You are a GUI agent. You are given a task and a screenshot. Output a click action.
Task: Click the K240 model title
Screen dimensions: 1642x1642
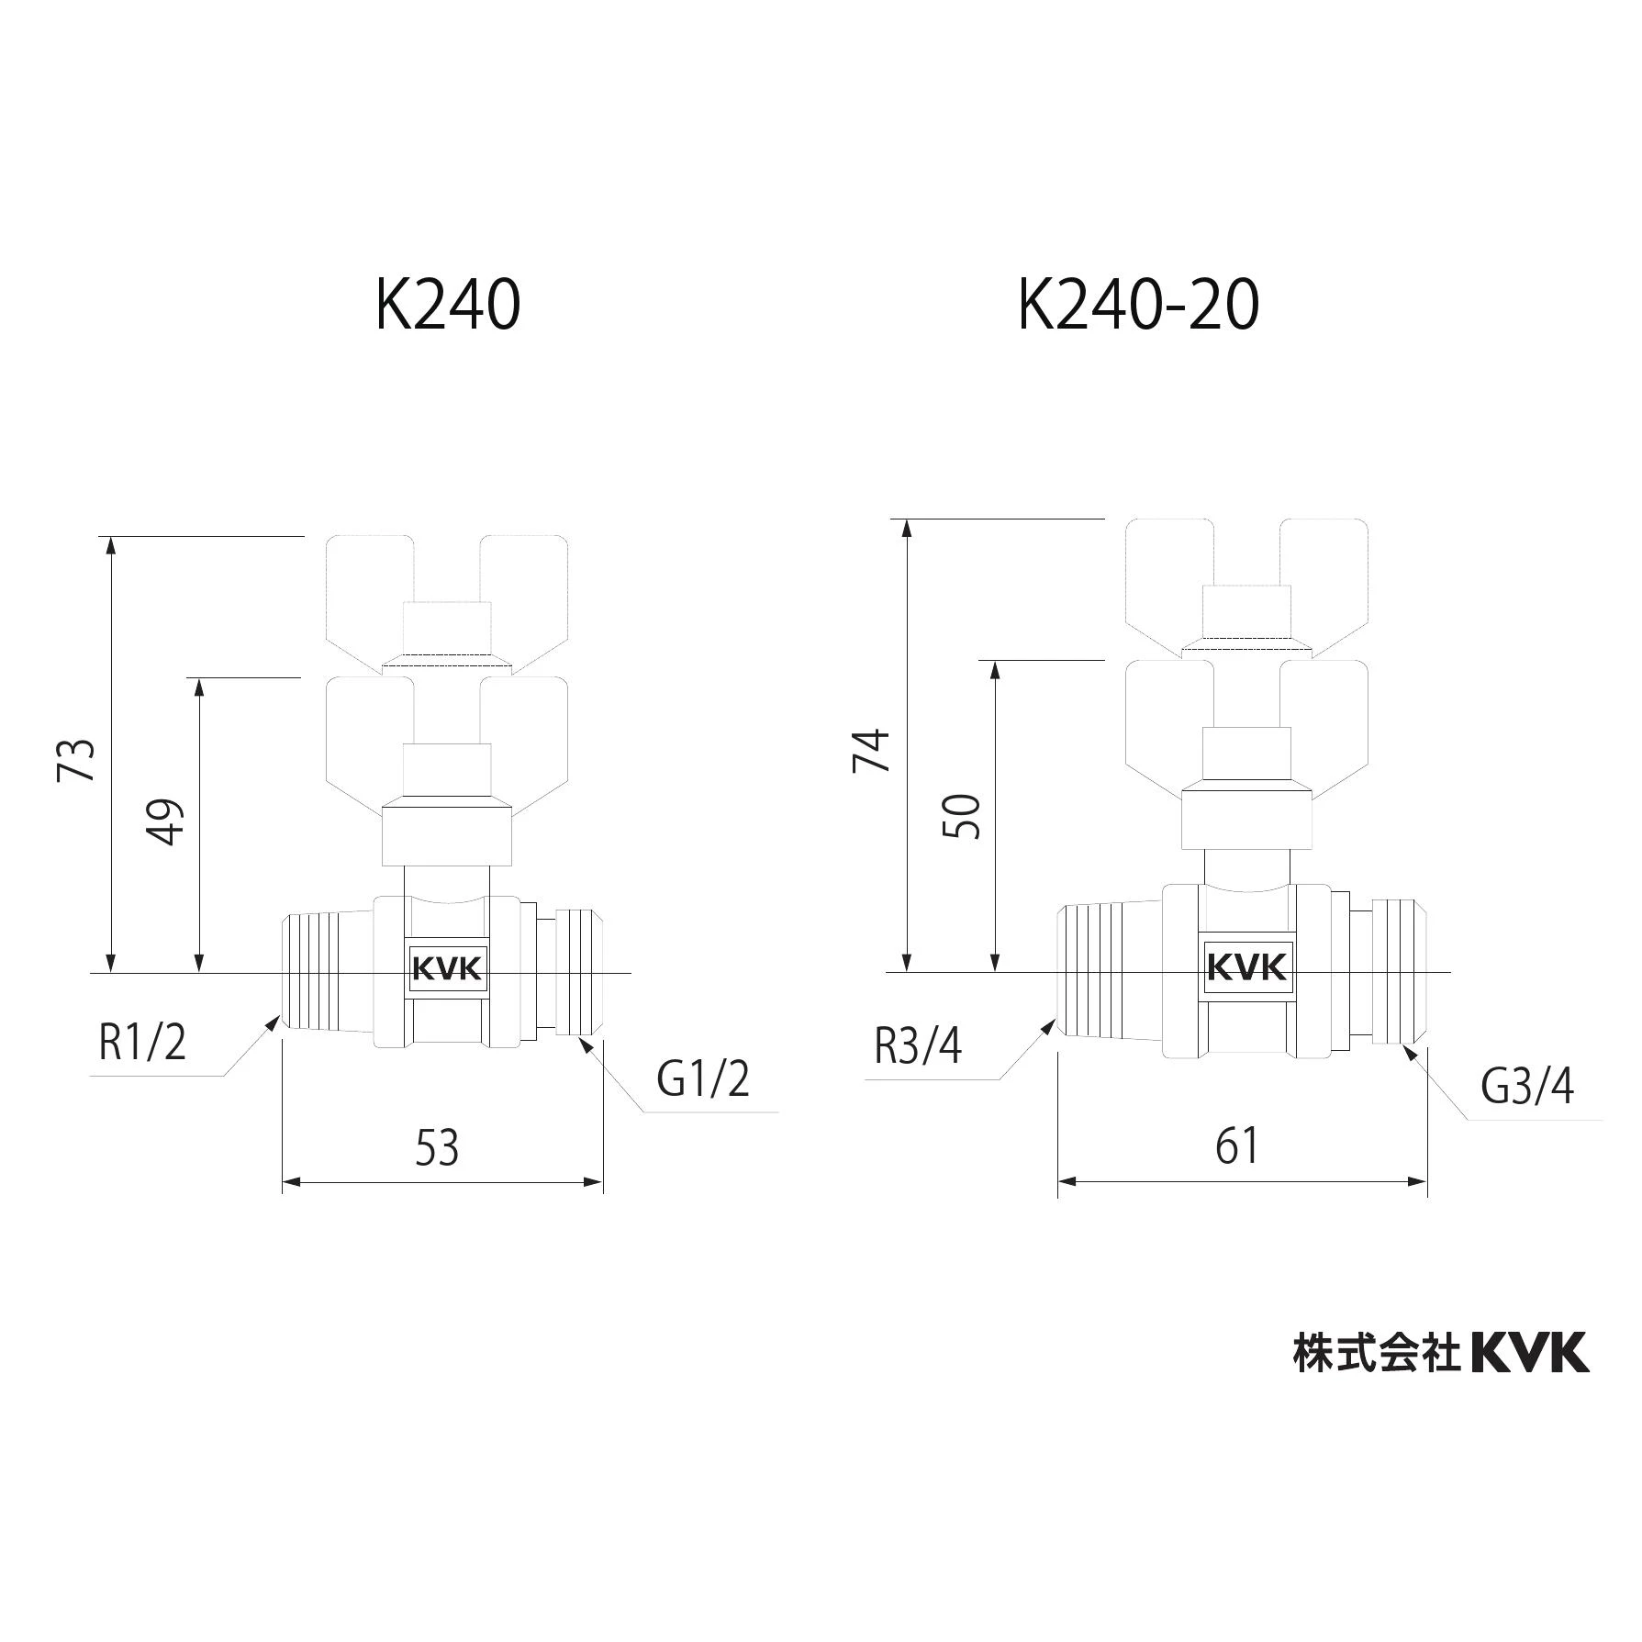pos(448,305)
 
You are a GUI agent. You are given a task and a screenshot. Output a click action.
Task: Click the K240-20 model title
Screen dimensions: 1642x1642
pos(1138,305)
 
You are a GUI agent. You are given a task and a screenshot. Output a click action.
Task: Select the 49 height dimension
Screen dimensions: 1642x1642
pos(166,821)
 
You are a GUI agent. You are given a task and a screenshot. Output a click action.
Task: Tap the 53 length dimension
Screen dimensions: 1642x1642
pos(437,1147)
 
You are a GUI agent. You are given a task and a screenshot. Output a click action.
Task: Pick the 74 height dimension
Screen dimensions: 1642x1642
pos(873,750)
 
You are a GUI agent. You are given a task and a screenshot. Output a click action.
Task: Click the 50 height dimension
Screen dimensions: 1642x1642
pos(962,816)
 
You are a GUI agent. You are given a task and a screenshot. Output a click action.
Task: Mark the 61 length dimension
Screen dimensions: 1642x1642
pos(1236,1145)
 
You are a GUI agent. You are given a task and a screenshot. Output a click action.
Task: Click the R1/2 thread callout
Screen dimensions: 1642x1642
pos(142,1042)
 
